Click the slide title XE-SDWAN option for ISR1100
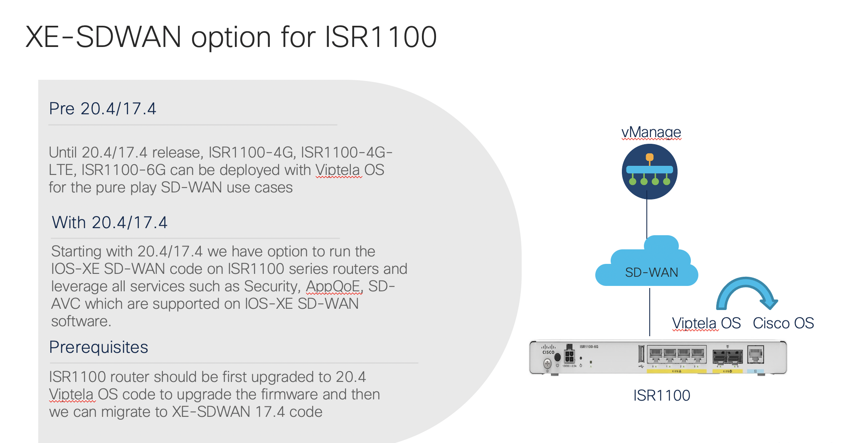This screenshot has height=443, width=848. click(231, 37)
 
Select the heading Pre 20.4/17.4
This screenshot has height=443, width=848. click(103, 109)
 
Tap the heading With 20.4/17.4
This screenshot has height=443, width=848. click(110, 223)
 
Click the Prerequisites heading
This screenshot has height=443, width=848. click(99, 347)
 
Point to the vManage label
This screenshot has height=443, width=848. click(651, 132)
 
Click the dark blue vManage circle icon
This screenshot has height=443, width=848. click(649, 172)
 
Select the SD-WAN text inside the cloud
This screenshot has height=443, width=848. click(651, 272)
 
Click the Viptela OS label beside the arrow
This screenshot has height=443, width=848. click(706, 323)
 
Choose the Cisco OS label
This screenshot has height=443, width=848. click(783, 323)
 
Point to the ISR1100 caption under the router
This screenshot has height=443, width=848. click(661, 396)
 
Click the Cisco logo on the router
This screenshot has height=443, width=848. click(548, 349)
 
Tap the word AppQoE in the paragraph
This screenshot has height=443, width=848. click(333, 286)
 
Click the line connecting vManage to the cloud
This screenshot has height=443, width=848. click(647, 219)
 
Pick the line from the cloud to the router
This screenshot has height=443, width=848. click(650, 312)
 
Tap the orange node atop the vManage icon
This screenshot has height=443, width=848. click(649, 158)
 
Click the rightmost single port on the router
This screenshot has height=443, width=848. click(755, 355)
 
